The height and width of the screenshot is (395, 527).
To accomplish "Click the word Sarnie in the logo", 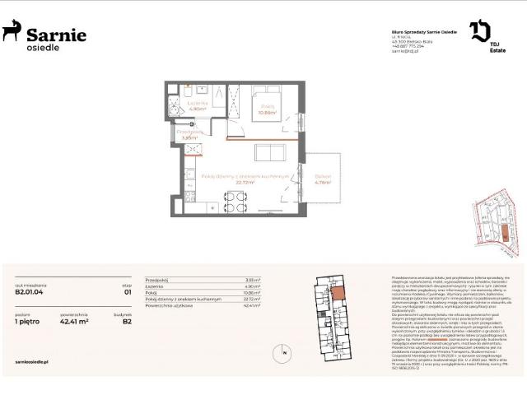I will (56, 34).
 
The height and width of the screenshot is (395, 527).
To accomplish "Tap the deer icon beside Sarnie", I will (12, 32).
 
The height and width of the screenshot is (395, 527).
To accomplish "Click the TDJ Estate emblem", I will (480, 33).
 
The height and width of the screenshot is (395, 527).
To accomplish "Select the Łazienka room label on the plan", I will (196, 103).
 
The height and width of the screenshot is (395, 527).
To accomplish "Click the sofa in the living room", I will (269, 153).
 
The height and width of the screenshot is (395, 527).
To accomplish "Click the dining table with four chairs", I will (235, 199).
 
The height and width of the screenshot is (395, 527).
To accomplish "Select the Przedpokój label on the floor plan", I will (191, 132).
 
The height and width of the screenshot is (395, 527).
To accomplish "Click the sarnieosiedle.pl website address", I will (33, 360).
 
